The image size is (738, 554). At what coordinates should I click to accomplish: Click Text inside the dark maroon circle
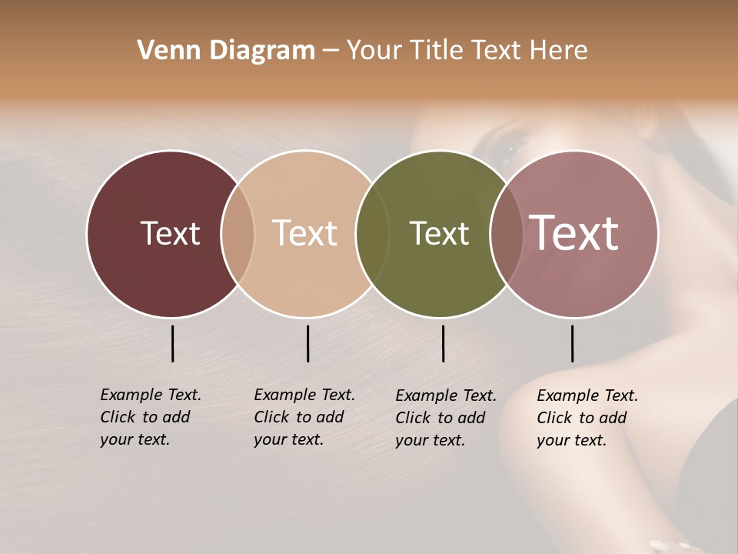170,233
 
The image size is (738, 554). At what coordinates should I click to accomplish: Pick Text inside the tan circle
305,233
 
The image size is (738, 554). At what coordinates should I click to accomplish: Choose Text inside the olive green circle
439,233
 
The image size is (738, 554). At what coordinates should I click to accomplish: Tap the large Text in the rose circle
574,233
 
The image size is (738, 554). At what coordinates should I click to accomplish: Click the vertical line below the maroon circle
172,343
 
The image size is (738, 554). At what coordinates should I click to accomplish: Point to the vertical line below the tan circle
307,343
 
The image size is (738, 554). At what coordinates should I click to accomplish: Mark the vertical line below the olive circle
443,343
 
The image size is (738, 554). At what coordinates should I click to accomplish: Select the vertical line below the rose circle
572,343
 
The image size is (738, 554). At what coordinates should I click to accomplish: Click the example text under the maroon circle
150,417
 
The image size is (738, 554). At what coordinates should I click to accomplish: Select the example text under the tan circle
304,417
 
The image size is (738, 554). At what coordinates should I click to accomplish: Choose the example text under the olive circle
445,418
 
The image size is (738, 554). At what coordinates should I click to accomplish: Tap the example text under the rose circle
587,418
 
